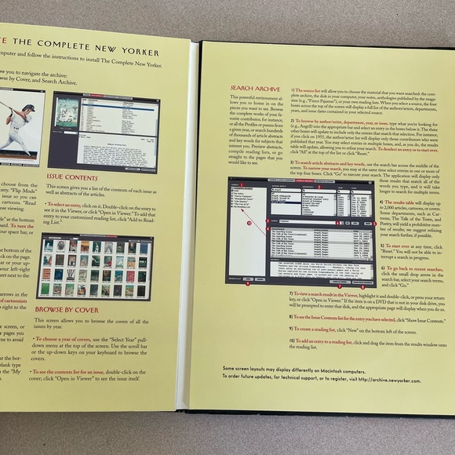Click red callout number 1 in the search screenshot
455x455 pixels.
pos(242,183)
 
